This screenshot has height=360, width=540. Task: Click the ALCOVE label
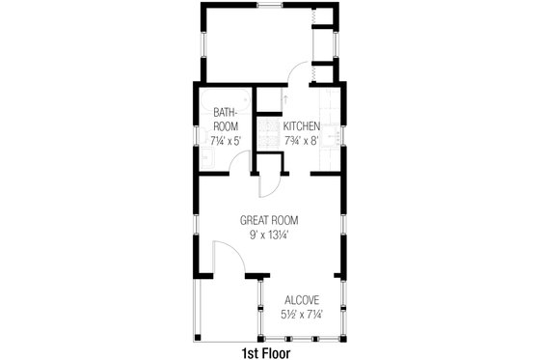pos(303,300)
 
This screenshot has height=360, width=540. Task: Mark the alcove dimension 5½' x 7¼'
pos(303,315)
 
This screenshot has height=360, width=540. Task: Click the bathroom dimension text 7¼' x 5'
pos(226,140)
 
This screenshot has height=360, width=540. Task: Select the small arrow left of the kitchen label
pos(286,98)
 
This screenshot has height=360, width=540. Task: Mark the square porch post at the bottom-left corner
pos(200,338)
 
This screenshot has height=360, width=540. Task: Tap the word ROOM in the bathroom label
pos(226,126)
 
